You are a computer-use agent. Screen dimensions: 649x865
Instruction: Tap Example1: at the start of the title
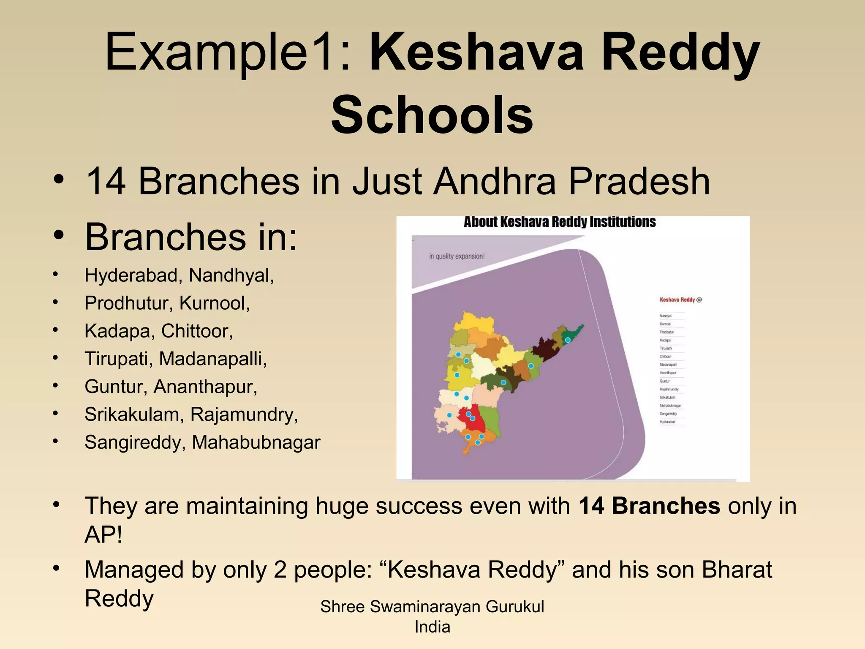[228, 53]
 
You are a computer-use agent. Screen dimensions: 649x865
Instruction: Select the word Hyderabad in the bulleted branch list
[131, 275]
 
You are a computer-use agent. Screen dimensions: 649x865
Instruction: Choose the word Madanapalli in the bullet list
[212, 359]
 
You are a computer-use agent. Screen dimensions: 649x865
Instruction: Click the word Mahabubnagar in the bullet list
[256, 442]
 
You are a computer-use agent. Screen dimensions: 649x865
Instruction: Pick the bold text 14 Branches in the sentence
[649, 506]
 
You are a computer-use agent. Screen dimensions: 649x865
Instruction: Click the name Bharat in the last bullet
[737, 570]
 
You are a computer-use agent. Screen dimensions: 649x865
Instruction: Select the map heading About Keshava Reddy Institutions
[559, 222]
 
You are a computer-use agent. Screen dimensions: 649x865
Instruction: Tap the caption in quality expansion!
[457, 256]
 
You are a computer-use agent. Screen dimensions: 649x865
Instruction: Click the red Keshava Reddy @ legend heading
[680, 300]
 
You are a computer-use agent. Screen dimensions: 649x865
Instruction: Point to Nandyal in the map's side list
[665, 316]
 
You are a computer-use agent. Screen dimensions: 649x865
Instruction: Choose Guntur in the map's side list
[665, 381]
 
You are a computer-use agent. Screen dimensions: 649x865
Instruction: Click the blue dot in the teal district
[568, 340]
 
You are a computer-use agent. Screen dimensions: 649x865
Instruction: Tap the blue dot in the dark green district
[503, 382]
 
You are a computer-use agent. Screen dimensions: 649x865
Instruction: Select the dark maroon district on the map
[543, 351]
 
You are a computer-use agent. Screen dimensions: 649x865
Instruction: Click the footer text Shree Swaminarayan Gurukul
[432, 607]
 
